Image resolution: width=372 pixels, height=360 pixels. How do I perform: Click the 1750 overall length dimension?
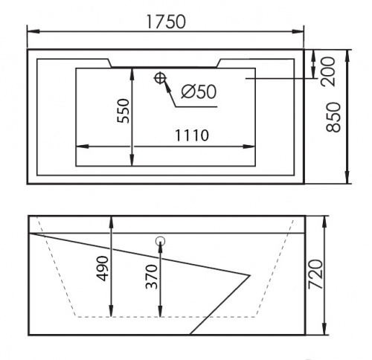(x=166, y=22)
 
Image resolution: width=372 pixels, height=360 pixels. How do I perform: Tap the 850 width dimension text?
(x=333, y=117)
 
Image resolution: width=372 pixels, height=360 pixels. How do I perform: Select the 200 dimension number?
(x=328, y=71)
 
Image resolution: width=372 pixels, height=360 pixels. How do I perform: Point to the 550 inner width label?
(x=124, y=111)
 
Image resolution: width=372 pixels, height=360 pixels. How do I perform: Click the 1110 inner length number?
(x=192, y=135)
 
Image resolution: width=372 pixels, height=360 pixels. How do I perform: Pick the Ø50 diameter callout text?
(x=199, y=91)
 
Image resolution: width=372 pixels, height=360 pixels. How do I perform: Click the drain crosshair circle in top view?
(x=160, y=78)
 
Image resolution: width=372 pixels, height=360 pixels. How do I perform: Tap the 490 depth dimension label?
(x=103, y=269)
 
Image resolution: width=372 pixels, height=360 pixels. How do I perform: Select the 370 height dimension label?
(x=152, y=277)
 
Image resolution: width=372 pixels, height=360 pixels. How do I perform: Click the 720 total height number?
(x=315, y=274)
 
